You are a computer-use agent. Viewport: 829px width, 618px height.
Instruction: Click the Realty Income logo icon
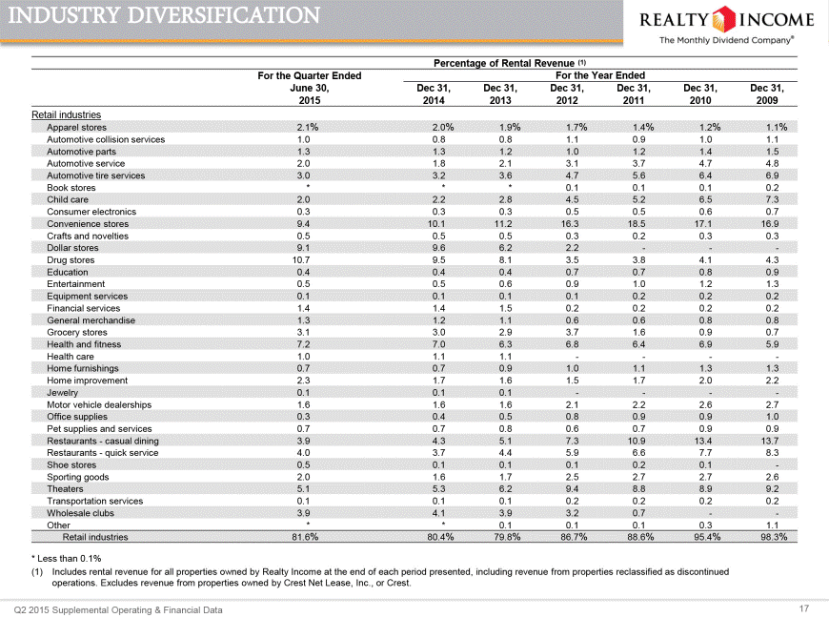724,19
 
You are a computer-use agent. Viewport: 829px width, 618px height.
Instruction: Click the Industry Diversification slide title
164,15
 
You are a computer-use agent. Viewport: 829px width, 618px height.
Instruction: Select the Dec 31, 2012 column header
567,94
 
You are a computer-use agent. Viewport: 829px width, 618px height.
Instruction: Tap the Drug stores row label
71,259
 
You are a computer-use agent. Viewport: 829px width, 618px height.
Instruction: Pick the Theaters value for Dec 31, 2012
572,489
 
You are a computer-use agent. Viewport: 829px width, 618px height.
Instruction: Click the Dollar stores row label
72,248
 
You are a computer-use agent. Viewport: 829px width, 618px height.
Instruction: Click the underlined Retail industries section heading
66,114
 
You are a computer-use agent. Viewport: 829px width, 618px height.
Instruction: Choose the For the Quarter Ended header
310,75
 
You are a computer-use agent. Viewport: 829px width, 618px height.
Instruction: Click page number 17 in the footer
803,608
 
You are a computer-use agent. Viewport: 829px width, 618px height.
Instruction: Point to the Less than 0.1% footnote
66,558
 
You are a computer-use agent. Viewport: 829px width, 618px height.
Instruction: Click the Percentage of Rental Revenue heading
510,63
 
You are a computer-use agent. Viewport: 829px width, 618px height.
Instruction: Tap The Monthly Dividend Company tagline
726,40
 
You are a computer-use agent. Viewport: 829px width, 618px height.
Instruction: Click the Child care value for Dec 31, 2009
773,199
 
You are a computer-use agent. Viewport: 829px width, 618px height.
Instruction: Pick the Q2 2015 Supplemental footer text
118,610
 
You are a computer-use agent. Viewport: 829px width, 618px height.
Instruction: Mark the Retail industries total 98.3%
774,537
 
